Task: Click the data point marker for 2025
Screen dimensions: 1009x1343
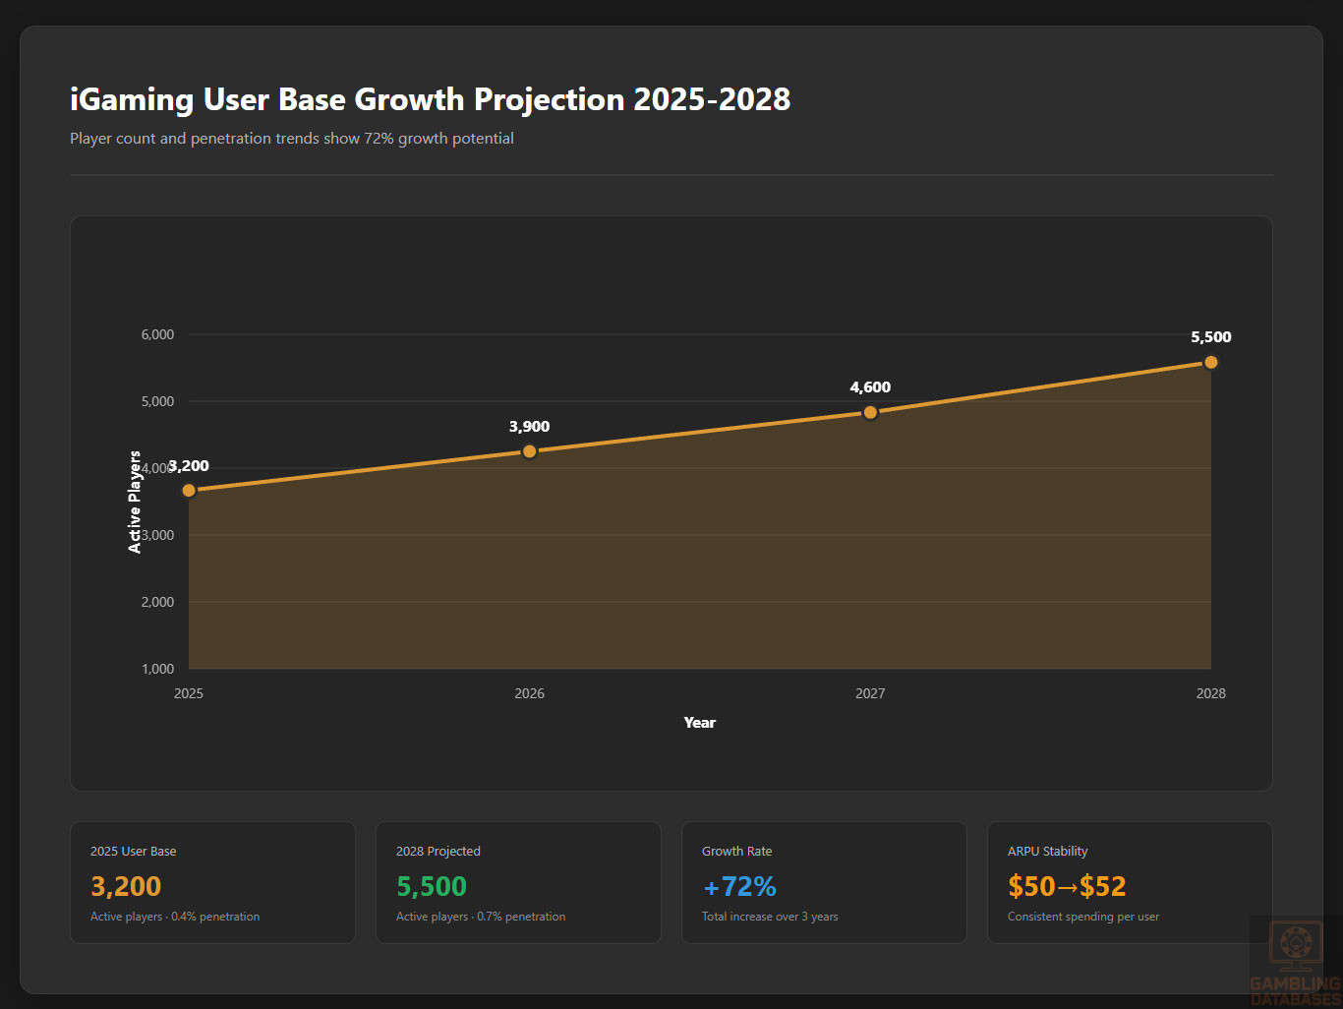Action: [x=189, y=490]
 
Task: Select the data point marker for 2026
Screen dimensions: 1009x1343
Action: [x=529, y=451]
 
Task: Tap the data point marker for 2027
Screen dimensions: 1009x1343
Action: [x=870, y=412]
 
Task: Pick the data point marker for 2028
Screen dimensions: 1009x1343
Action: [x=1210, y=362]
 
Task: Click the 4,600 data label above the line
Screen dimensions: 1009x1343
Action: [x=870, y=387]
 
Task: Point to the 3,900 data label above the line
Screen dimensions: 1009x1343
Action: [x=529, y=427]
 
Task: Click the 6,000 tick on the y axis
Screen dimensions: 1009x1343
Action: [x=157, y=334]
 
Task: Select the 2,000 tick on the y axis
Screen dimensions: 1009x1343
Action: [x=157, y=602]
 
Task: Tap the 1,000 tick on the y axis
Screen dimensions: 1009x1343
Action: [x=157, y=669]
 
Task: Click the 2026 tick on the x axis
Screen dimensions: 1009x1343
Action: [x=529, y=693]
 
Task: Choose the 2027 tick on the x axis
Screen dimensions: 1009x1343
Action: [x=870, y=693]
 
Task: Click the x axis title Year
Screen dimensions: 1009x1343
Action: [x=699, y=723]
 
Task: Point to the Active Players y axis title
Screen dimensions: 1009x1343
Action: [x=135, y=502]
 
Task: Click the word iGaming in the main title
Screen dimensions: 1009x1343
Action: [x=132, y=99]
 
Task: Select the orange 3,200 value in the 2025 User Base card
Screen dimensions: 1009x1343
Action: [x=126, y=886]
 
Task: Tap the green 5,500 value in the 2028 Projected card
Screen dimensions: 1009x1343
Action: [x=432, y=886]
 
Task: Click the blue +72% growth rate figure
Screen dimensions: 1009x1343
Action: [x=739, y=886]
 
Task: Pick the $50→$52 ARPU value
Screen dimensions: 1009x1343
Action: [x=1067, y=886]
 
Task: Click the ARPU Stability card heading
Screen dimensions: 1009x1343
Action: [x=1047, y=852]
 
